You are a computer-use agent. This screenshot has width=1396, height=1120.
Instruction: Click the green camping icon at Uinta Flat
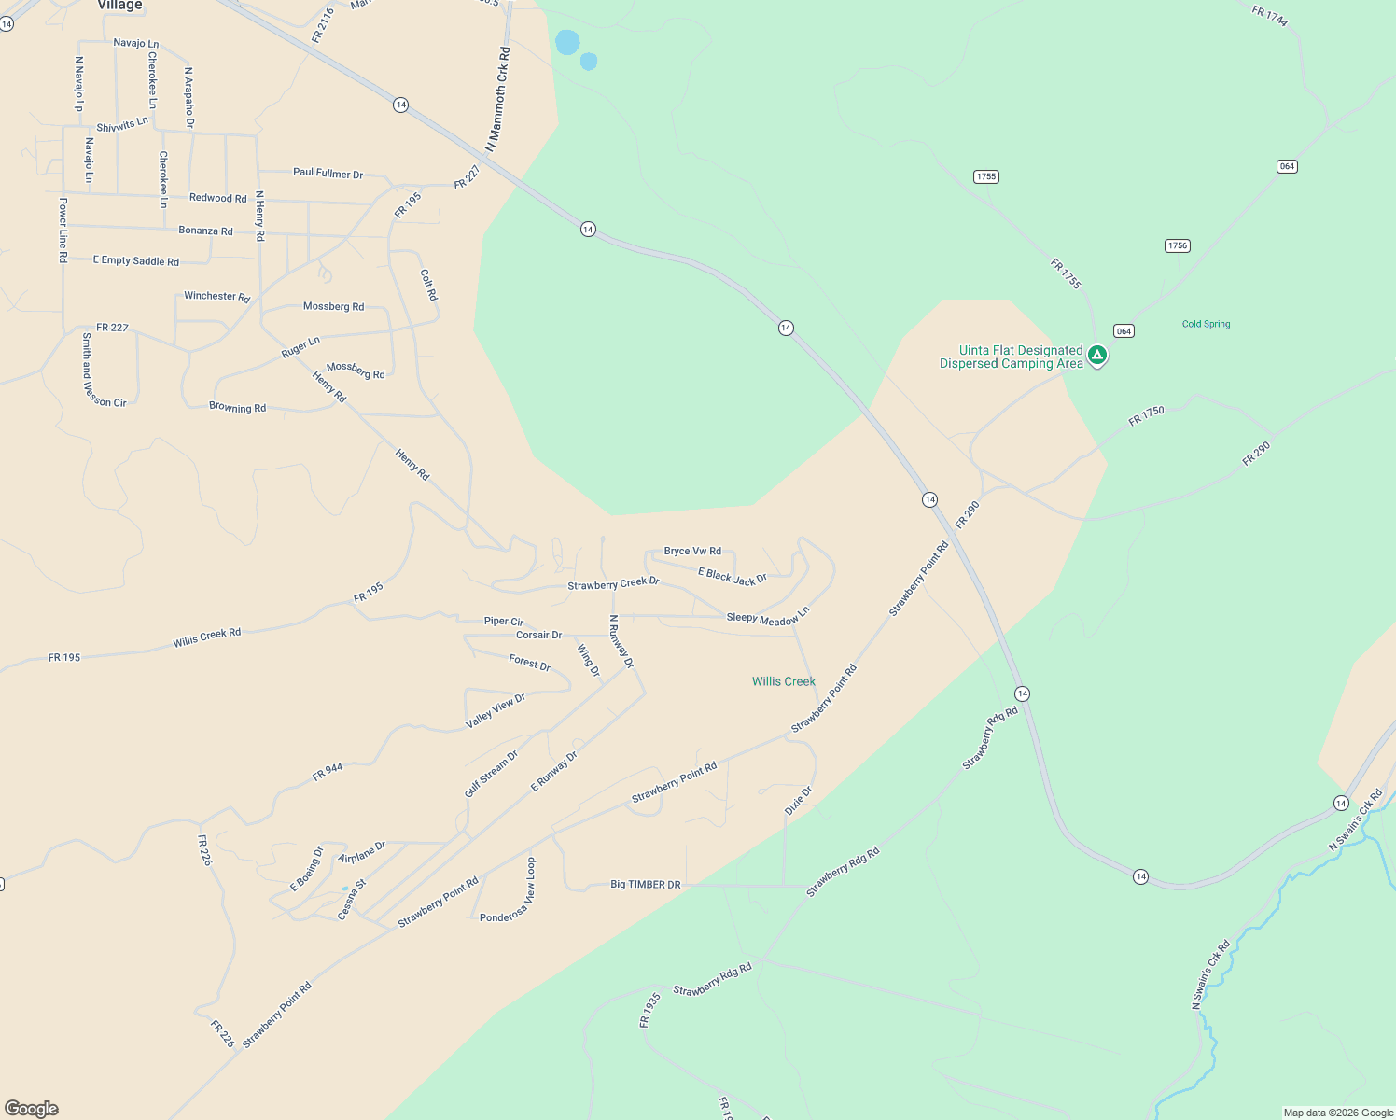[x=1097, y=355]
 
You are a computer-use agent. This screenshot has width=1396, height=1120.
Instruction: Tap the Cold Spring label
[x=1206, y=324]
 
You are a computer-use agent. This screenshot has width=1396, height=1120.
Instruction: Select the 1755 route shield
[x=985, y=176]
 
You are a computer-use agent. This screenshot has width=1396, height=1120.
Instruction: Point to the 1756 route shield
[x=1177, y=245]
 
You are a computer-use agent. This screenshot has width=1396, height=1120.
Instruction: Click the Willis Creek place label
[x=783, y=681]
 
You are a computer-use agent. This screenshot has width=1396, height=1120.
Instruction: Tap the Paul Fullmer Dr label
[x=328, y=173]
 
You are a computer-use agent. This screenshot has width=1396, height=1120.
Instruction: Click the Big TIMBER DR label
[x=645, y=884]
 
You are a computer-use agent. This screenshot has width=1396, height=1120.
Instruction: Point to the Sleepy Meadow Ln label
[x=768, y=617]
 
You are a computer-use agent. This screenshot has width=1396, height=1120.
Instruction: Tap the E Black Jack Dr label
[x=733, y=577]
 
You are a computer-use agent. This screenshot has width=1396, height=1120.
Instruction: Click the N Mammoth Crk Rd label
[x=498, y=99]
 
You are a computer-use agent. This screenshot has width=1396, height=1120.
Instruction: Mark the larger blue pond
[x=567, y=42]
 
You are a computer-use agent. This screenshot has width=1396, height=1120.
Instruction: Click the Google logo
[x=32, y=1109]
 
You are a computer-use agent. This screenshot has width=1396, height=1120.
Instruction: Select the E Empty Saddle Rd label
[x=136, y=260]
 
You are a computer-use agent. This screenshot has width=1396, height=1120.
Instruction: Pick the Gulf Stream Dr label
[x=491, y=774]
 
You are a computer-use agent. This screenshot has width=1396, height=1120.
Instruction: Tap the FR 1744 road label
[x=1270, y=16]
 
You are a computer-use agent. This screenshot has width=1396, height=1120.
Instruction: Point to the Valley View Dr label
[x=496, y=711]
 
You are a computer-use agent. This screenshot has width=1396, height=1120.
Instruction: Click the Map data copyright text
[x=1338, y=1113]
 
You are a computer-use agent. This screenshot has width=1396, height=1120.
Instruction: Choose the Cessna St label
[x=352, y=900]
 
